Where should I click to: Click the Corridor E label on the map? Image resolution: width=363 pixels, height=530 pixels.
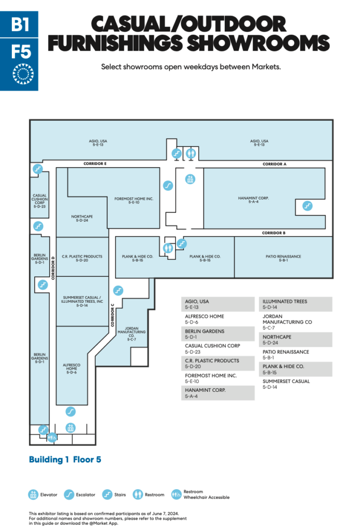click(x=95, y=164)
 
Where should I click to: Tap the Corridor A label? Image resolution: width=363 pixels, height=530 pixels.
click(x=274, y=164)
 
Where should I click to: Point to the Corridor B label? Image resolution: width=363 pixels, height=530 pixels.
click(x=273, y=233)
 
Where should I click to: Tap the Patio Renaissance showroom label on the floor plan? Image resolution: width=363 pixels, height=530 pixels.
click(x=283, y=259)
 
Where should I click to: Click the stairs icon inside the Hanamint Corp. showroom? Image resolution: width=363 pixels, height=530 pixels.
click(x=307, y=205)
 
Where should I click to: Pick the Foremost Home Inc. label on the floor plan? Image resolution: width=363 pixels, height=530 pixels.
click(x=130, y=201)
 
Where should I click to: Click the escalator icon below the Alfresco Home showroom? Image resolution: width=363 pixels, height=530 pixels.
click(x=70, y=411)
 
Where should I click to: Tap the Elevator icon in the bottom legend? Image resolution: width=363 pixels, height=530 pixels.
click(x=33, y=494)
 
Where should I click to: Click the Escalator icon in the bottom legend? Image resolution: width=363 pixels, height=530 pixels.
click(x=68, y=494)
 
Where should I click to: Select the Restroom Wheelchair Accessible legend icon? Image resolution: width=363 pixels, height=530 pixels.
click(x=176, y=494)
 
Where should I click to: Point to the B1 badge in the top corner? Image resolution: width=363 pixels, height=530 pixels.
click(x=19, y=24)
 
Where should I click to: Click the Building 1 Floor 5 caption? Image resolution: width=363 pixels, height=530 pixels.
click(x=65, y=460)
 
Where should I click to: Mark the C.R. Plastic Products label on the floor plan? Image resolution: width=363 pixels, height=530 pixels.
click(x=82, y=259)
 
